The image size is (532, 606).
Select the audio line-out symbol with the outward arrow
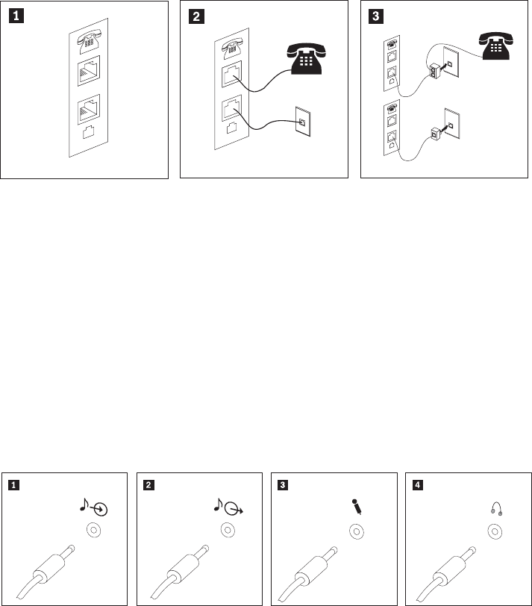(x=228, y=507)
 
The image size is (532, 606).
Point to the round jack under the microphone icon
(x=357, y=531)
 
